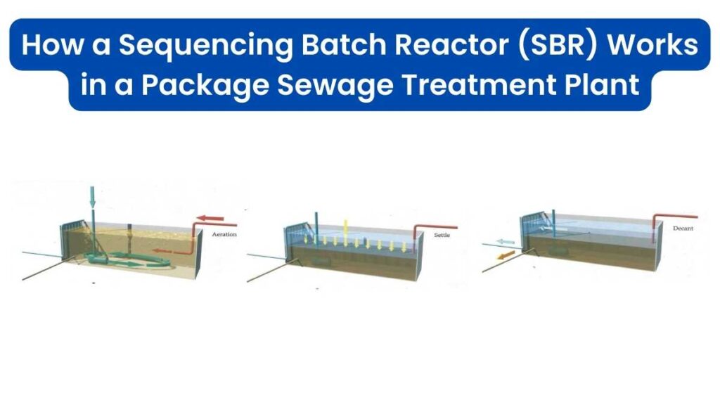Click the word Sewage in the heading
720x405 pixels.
pyautogui.click(x=333, y=86)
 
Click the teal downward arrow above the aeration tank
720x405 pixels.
pyautogui.click(x=92, y=197)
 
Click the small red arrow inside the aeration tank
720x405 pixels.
pyautogui.click(x=165, y=250)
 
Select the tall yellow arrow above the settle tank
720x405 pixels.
pyautogui.click(x=345, y=231)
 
